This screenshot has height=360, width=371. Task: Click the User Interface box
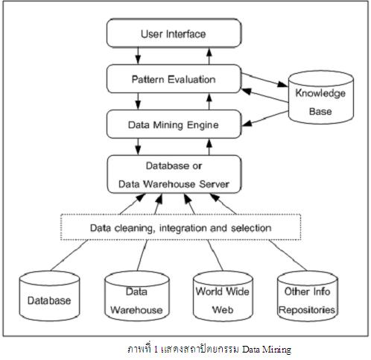coord(174,34)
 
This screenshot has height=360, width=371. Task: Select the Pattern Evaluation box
coord(174,78)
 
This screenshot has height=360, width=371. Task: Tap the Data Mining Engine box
coord(174,124)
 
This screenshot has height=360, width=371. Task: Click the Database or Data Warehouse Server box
coord(174,174)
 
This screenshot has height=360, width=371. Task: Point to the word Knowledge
coord(320,94)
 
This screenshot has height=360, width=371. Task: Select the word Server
coord(217,183)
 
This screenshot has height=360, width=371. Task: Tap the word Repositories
coord(306,309)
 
